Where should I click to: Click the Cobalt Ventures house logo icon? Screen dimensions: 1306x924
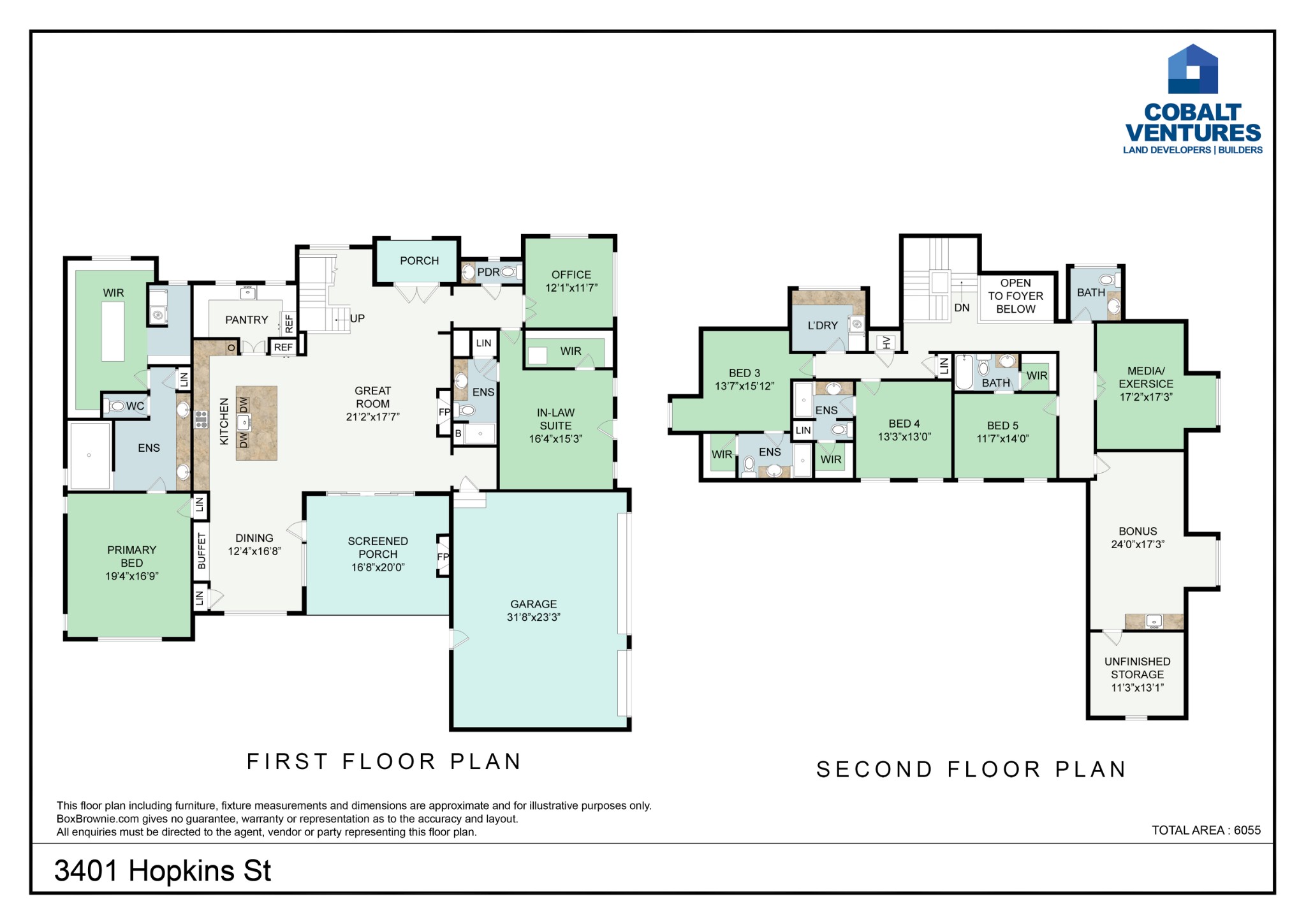(1192, 69)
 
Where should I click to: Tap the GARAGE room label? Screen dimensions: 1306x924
(534, 604)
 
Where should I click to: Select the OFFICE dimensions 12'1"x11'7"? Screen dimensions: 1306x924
(571, 288)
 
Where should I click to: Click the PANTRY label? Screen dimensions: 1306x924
(247, 320)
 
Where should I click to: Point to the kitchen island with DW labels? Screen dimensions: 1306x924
(256, 422)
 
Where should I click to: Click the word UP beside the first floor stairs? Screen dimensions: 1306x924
(357, 318)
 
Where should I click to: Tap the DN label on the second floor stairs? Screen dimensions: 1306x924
(962, 308)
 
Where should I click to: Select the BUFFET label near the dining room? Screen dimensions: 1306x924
(202, 551)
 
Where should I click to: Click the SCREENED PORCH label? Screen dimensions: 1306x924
(378, 548)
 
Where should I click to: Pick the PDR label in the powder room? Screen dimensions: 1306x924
(488, 272)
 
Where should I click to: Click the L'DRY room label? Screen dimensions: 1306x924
(823, 325)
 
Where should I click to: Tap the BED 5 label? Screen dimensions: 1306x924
(1002, 426)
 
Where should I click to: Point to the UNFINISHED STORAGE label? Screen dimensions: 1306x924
(1138, 668)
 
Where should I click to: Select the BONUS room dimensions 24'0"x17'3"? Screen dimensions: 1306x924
(1138, 544)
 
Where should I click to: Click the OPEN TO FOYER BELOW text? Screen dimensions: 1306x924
(1016, 296)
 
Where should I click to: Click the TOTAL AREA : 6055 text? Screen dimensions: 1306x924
(1207, 830)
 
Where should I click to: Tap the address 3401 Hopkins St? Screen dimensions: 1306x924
(163, 871)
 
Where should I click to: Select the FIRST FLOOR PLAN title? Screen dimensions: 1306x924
(385, 761)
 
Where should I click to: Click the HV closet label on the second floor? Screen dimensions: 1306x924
(886, 343)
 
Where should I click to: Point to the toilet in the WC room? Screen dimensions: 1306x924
(117, 406)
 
